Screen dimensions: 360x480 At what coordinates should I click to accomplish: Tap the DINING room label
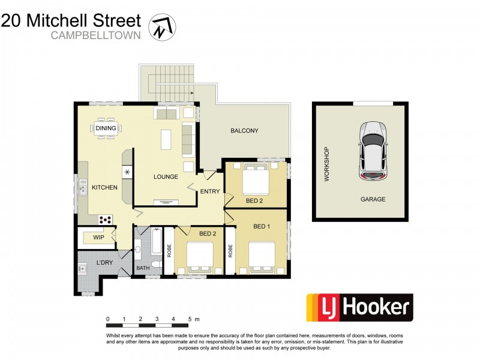106,128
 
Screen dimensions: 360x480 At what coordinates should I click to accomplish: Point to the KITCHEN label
104,188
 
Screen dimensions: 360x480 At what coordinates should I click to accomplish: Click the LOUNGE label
166,177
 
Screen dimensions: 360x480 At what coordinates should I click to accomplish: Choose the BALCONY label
244,131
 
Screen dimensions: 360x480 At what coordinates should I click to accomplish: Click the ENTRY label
210,192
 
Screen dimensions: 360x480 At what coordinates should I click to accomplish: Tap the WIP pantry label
98,238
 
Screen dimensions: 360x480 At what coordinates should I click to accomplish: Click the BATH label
143,269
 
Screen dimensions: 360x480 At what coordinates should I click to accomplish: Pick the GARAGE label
373,199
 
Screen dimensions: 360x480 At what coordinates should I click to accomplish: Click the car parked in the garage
372,150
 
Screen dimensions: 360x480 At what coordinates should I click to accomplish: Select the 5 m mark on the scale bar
190,319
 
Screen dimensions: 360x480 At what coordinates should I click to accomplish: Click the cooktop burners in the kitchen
106,219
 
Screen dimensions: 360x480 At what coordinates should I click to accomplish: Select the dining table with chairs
106,128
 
